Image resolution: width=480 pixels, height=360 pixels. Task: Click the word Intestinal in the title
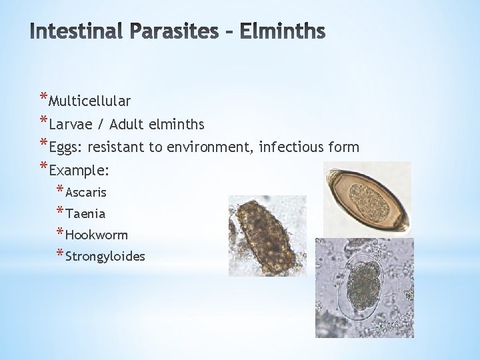[73, 31]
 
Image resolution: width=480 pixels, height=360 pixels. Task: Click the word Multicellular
[90, 101]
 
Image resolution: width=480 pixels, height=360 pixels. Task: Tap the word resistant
[117, 147]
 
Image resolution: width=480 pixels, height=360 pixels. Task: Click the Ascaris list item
[86, 193]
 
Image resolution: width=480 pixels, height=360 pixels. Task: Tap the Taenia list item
[85, 214]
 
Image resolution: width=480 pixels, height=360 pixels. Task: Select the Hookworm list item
[97, 235]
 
